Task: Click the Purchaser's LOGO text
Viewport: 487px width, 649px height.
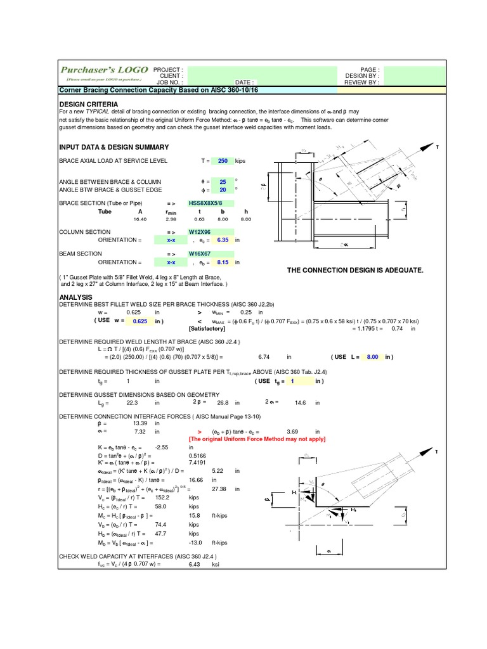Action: pyautogui.click(x=104, y=70)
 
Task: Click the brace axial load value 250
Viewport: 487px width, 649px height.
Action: pyautogui.click(x=223, y=161)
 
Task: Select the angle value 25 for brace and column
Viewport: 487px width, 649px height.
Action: pyautogui.click(x=223, y=181)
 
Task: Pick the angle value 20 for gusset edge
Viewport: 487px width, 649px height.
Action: pyautogui.click(x=223, y=190)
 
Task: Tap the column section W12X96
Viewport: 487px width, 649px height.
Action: pyautogui.click(x=199, y=232)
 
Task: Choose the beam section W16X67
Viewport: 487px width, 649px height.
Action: pyautogui.click(x=199, y=254)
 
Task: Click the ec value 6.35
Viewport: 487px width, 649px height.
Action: pyautogui.click(x=222, y=240)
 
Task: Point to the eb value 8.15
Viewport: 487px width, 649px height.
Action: pyautogui.click(x=222, y=262)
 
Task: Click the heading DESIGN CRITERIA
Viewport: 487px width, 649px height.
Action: pyautogui.click(x=88, y=103)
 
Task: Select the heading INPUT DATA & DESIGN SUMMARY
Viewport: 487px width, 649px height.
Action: pyautogui.click(x=114, y=146)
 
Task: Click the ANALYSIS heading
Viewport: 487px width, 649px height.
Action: pyautogui.click(x=75, y=297)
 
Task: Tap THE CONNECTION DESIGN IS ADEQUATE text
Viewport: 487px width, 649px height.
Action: pyautogui.click(x=354, y=270)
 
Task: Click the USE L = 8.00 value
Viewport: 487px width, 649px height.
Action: pyautogui.click(x=372, y=357)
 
